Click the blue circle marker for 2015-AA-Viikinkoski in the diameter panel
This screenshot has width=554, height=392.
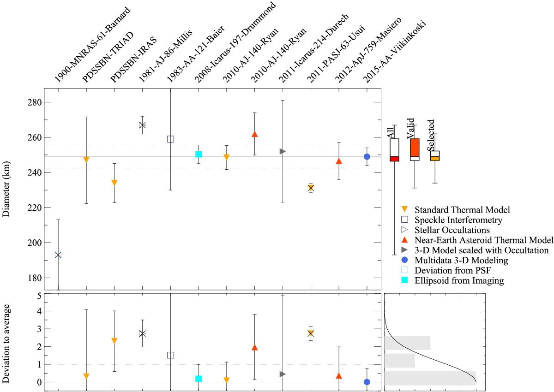(x=367, y=157)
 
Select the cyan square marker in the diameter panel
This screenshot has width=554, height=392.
(x=199, y=154)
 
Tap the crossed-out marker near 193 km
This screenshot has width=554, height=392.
(x=58, y=255)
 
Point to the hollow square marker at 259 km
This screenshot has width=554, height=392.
(x=170, y=139)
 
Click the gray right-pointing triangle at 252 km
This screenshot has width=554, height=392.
(x=283, y=151)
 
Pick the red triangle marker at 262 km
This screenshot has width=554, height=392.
(x=254, y=134)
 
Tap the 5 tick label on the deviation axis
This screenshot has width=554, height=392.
(x=40, y=296)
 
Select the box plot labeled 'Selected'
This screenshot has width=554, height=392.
(x=434, y=155)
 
